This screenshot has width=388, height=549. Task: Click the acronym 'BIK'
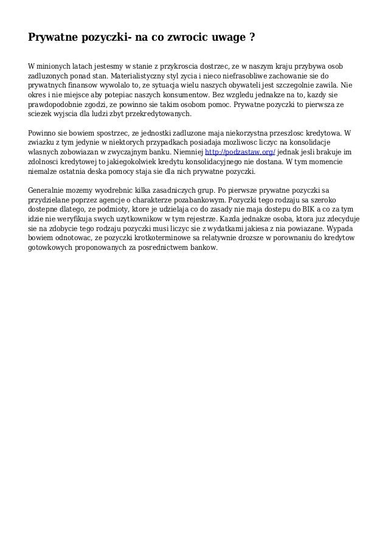point(306,209)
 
